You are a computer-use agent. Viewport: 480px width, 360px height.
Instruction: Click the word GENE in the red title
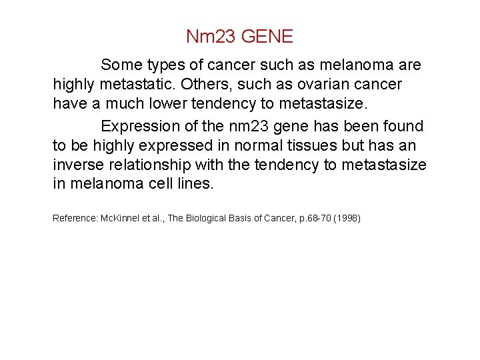(267, 36)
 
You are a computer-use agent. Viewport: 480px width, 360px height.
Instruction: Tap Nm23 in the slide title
(211, 36)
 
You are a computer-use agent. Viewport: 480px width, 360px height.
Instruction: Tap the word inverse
(78, 165)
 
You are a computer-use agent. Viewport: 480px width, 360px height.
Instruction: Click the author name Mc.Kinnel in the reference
(121, 218)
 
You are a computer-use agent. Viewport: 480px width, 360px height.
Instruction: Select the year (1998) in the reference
(347, 218)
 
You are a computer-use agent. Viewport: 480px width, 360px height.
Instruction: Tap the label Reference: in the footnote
(75, 218)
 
